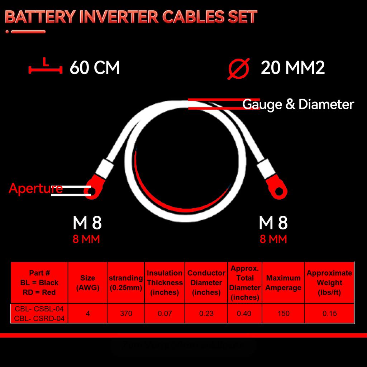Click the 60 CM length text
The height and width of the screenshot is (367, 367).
point(95,68)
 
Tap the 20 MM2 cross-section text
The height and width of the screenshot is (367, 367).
point(292,68)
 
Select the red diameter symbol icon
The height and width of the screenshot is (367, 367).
point(238,68)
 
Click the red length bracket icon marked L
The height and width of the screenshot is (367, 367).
point(43,67)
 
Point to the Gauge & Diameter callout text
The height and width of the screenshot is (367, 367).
point(298,105)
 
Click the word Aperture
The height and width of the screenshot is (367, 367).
point(35,188)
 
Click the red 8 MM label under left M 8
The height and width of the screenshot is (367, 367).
point(86,239)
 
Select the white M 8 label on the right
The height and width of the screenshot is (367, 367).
point(273,223)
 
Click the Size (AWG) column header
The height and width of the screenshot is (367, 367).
point(88,282)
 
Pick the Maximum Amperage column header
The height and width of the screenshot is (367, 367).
point(283,282)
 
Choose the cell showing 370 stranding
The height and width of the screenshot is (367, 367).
point(126,313)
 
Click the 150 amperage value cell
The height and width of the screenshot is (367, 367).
point(283,313)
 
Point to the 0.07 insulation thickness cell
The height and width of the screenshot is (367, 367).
point(165,313)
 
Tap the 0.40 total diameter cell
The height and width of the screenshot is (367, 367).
point(244,313)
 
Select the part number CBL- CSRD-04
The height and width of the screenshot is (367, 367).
point(39,318)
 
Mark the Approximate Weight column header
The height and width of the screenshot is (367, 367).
point(329,282)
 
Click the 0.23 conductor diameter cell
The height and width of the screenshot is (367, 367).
point(206,313)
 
